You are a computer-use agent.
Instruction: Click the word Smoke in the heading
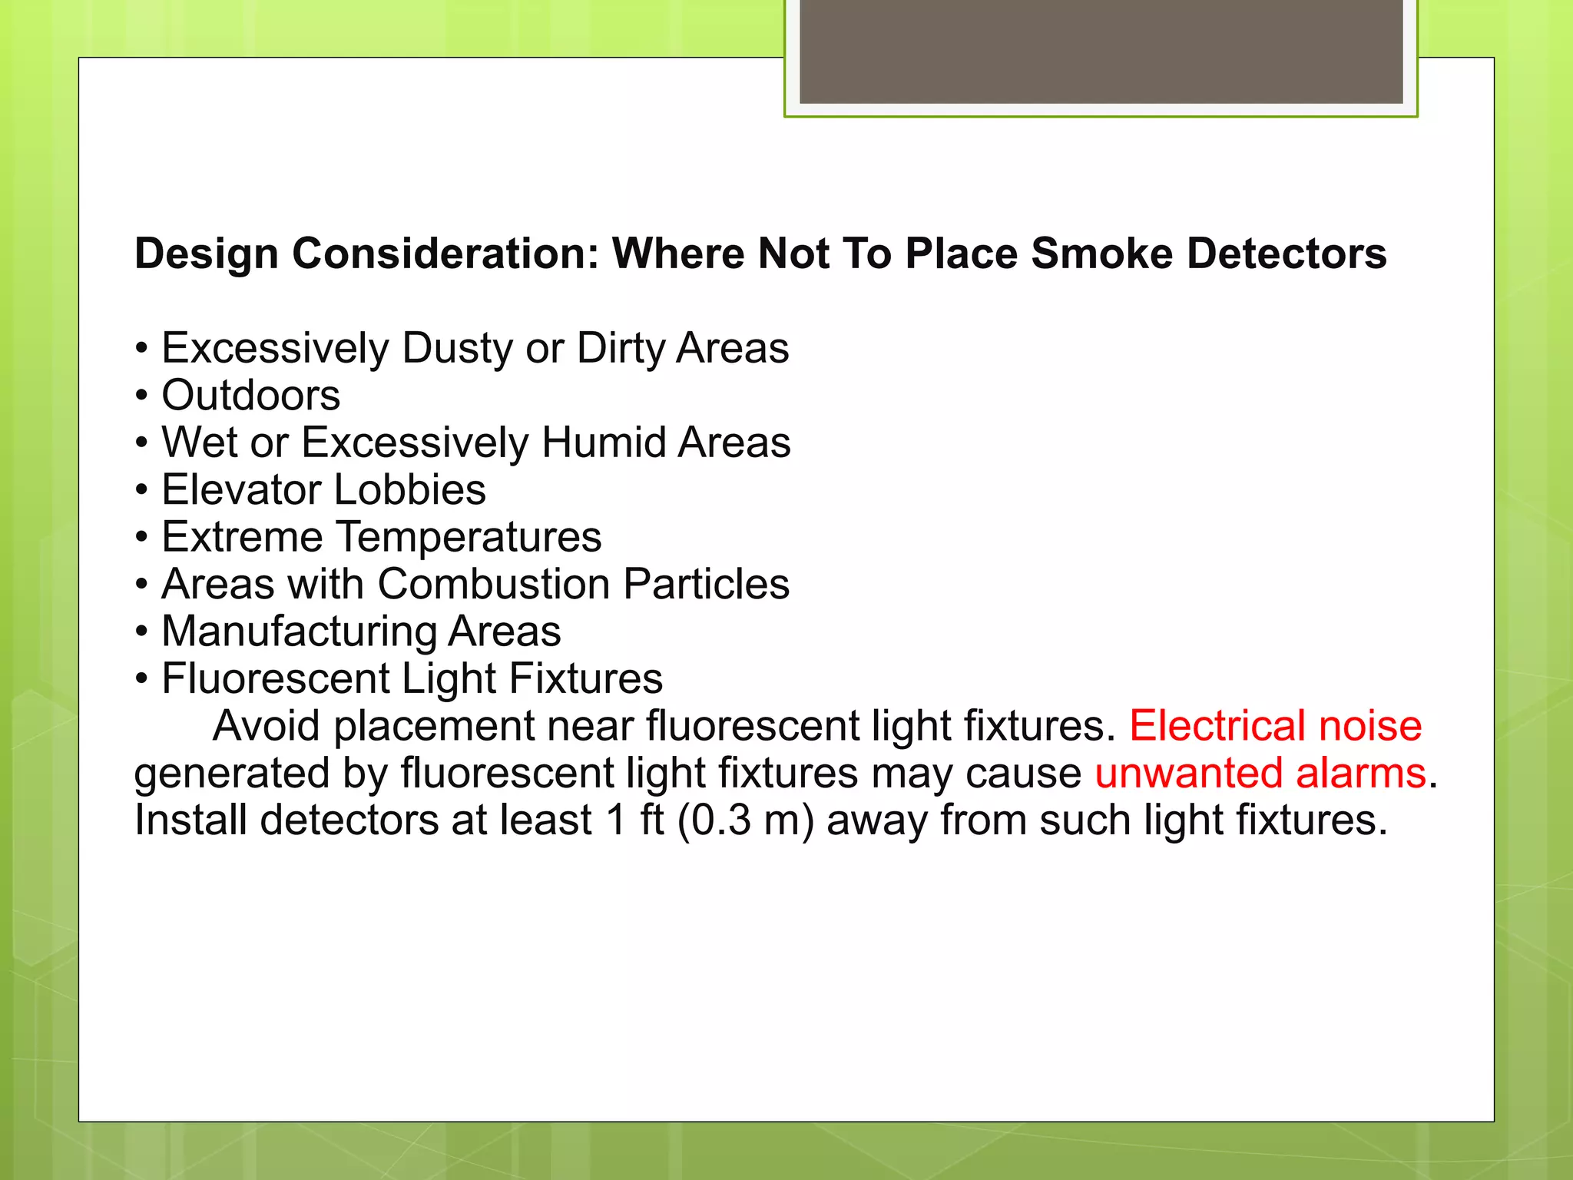point(1101,254)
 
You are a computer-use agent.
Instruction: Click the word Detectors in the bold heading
point(1287,254)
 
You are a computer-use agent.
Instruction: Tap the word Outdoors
point(250,396)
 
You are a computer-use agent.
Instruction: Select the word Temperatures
point(469,537)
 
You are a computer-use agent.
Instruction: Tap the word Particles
point(706,585)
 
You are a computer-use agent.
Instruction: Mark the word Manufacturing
point(298,631)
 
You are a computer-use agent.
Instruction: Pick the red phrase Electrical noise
point(1275,726)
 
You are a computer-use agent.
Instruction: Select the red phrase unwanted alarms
point(1260,774)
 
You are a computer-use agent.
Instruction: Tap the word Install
point(190,820)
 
